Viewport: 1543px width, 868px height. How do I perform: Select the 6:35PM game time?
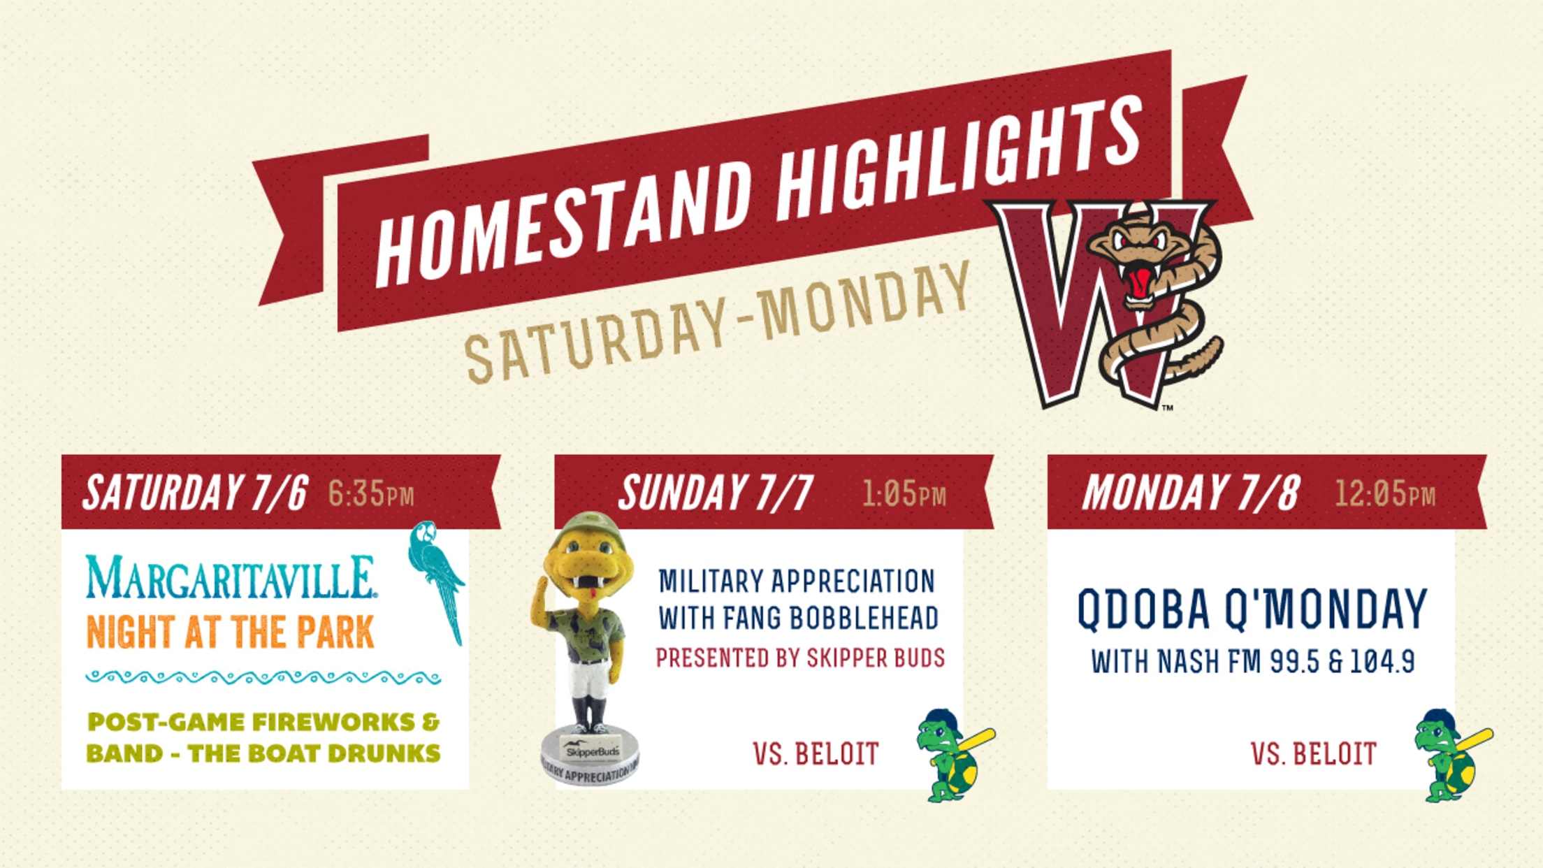coord(371,495)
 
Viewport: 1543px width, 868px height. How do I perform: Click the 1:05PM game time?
coord(904,495)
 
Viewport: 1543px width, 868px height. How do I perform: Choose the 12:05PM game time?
coord(1385,495)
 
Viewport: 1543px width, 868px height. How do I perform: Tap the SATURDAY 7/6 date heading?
coord(196,493)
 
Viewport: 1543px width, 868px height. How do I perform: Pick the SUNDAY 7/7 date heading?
coord(716,493)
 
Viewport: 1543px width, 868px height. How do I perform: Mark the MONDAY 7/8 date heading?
coord(1191,493)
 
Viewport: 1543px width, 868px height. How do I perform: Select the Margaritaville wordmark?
coord(231,577)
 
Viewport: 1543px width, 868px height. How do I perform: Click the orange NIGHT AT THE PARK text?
coord(230,632)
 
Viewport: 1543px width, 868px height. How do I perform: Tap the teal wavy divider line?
coord(263,677)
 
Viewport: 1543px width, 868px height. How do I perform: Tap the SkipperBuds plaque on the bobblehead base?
coord(593,751)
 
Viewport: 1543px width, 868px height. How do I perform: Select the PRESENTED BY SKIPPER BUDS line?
coord(800,658)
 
